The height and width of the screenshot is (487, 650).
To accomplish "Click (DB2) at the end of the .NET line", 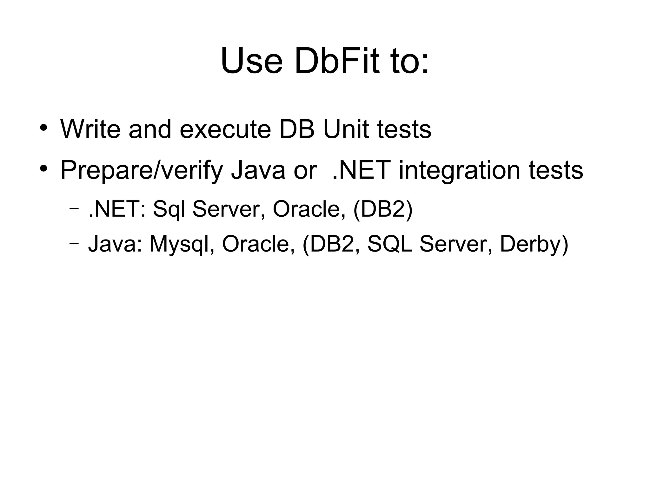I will (x=383, y=209).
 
